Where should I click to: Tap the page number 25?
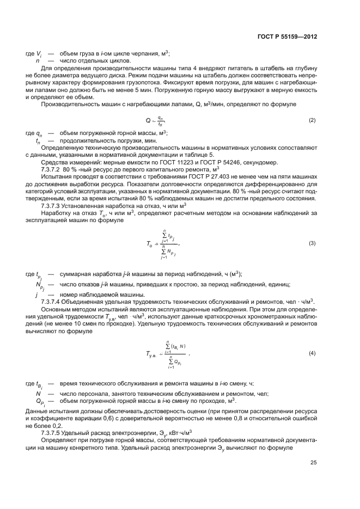314,463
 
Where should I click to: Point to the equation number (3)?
312,228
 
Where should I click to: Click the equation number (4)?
312,353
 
